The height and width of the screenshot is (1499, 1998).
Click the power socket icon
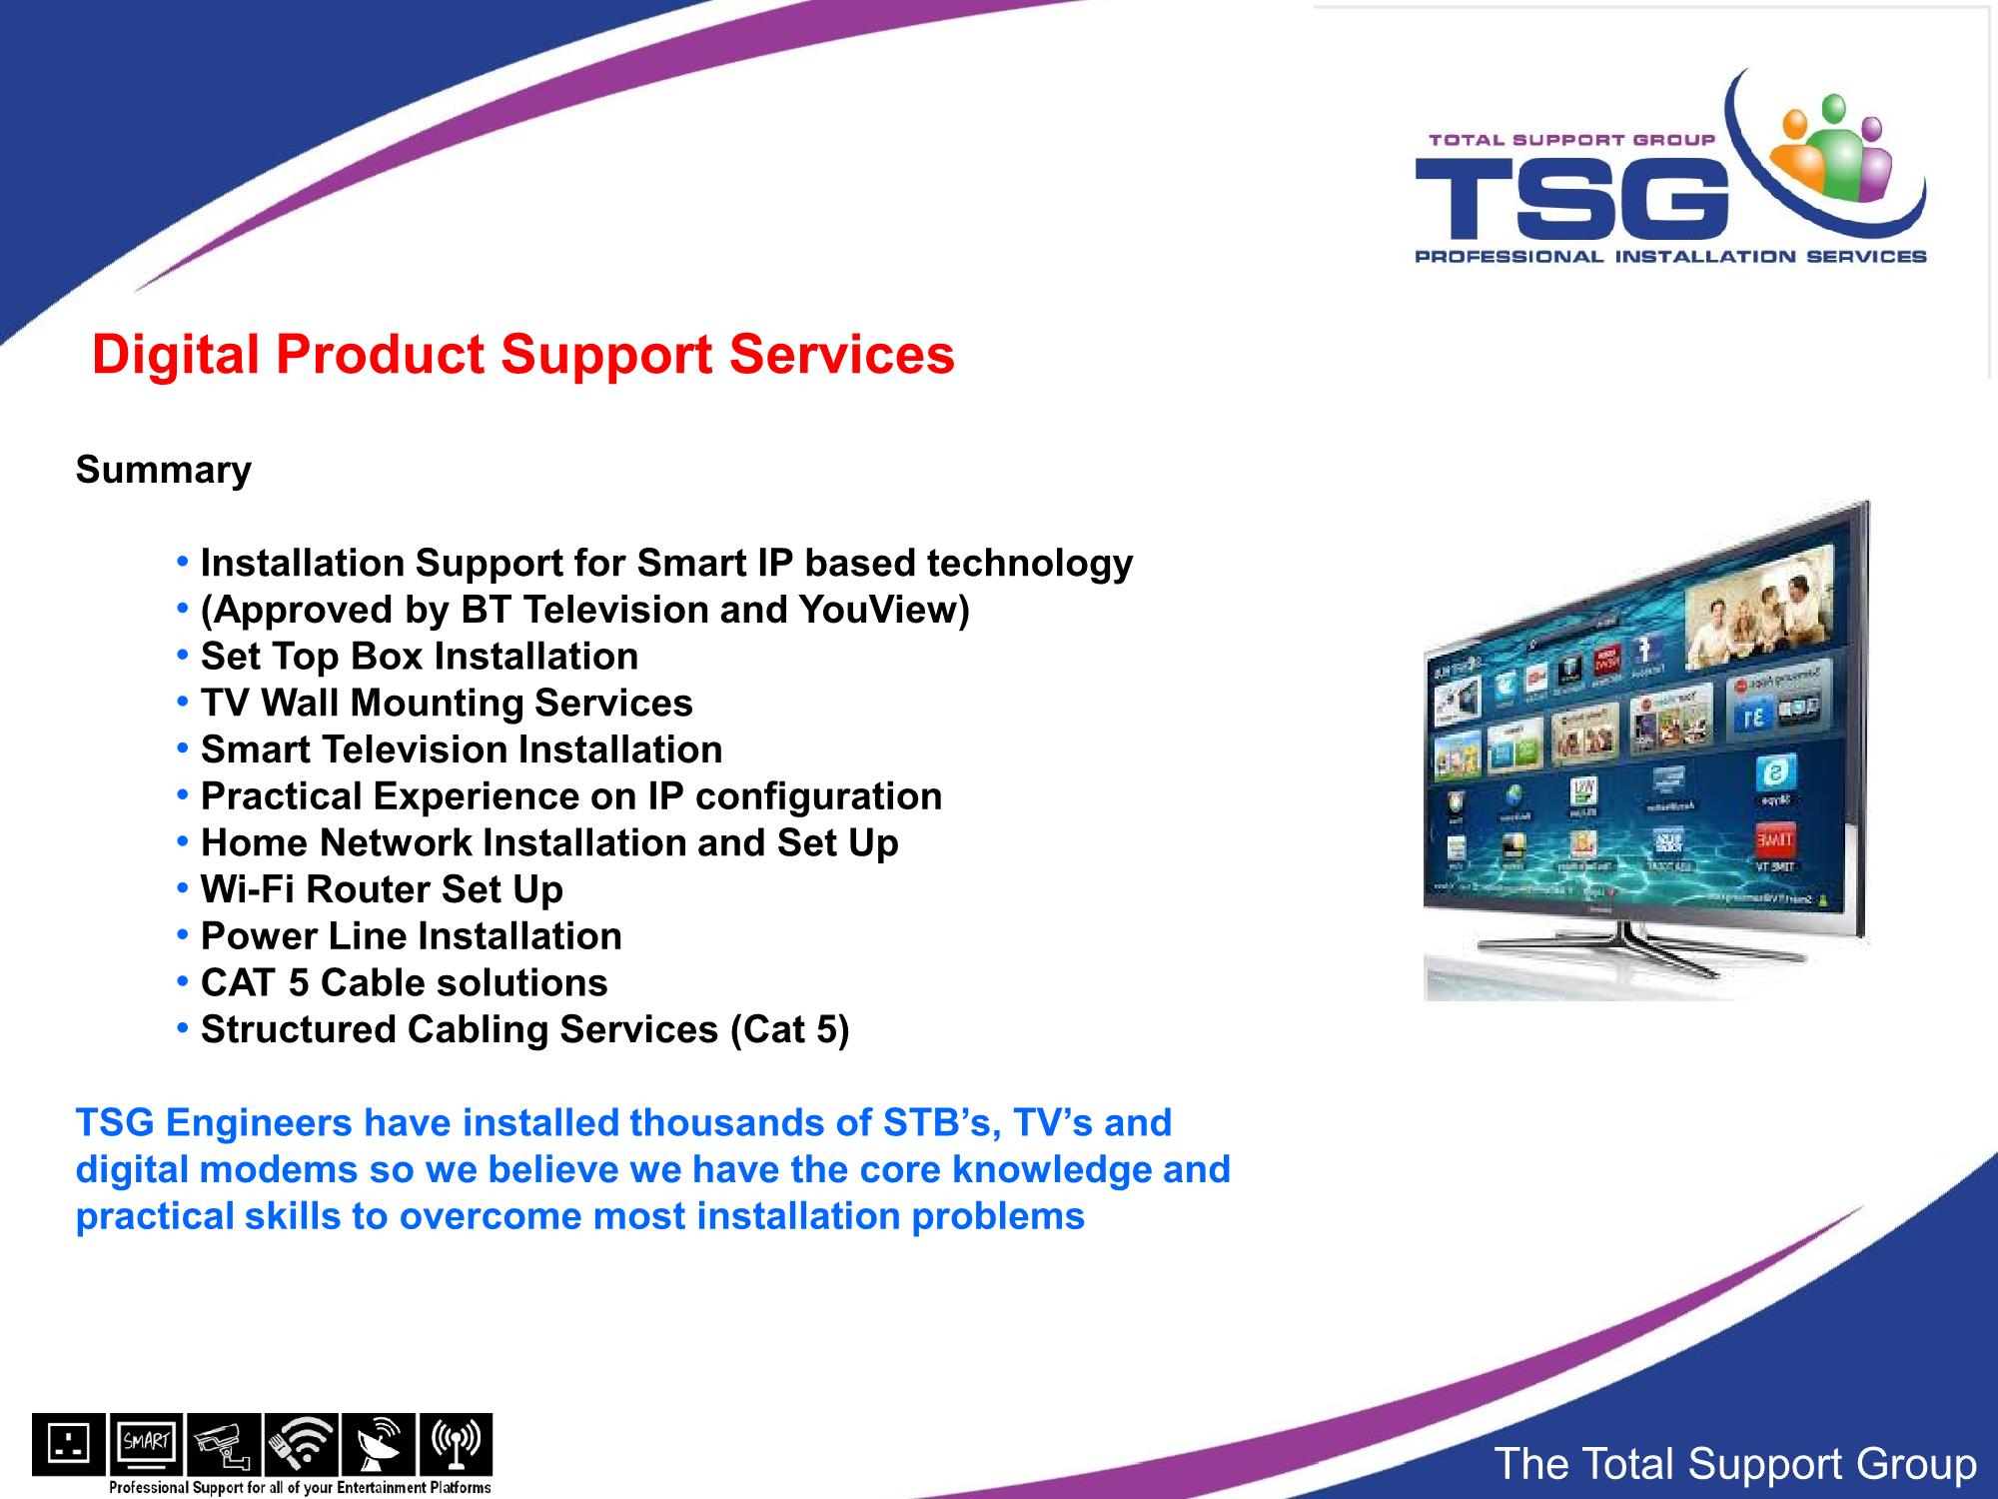pyautogui.click(x=68, y=1444)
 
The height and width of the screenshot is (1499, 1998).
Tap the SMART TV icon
pyautogui.click(x=146, y=1444)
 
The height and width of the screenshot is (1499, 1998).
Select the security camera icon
pyautogui.click(x=224, y=1444)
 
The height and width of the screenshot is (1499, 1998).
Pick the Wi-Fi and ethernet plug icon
pyautogui.click(x=301, y=1444)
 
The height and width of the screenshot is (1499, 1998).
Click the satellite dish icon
pyautogui.click(x=378, y=1444)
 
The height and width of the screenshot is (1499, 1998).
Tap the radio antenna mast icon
pyautogui.click(x=456, y=1444)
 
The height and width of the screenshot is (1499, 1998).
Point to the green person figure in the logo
pyautogui.click(x=1834, y=145)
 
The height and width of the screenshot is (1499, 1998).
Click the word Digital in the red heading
pyautogui.click(x=176, y=355)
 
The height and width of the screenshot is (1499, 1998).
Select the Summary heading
pyautogui.click(x=164, y=470)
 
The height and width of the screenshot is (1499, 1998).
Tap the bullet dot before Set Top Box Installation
pyautogui.click(x=183, y=656)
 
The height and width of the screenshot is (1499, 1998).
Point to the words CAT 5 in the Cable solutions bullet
pyautogui.click(x=255, y=983)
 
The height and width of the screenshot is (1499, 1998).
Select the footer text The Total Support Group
pyautogui.click(x=1735, y=1464)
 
